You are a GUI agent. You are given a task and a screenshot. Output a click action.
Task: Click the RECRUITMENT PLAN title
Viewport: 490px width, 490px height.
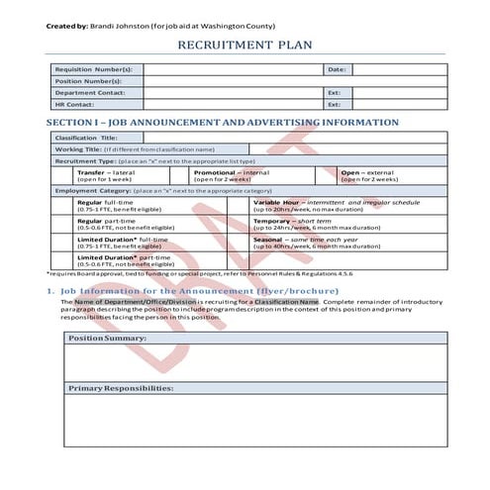(245, 46)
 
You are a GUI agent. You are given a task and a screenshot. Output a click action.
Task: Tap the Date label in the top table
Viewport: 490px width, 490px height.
(337, 70)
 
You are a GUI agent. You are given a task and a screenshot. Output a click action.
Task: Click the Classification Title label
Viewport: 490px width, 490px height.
(88, 138)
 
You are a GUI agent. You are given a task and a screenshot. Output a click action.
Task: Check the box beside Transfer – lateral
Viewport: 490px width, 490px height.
(63, 175)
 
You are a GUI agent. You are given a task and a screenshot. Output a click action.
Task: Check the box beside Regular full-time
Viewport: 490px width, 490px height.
(63, 206)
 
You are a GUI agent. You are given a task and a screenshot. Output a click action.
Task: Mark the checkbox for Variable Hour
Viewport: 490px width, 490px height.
(239, 206)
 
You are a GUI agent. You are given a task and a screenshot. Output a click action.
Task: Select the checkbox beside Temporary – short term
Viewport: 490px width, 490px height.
(239, 225)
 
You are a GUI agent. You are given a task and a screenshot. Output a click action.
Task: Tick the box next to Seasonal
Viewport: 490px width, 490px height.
(239, 243)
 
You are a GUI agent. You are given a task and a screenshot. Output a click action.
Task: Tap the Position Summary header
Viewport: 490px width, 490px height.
(107, 339)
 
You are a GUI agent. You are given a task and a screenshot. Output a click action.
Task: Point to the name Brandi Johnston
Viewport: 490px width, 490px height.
(123, 25)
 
